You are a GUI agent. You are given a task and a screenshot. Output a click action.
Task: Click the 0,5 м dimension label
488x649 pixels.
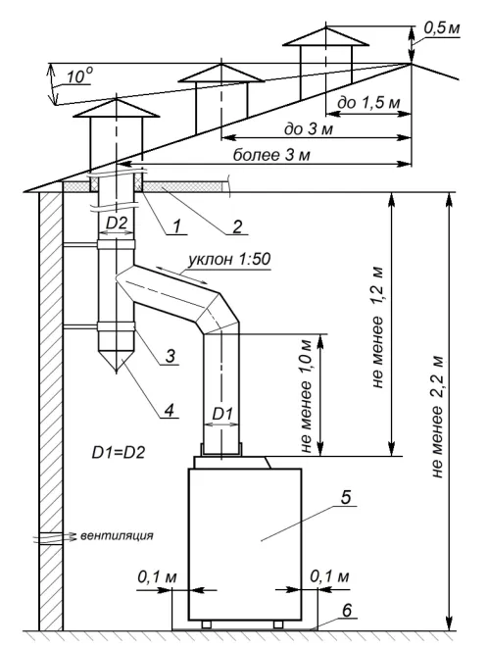click(442, 29)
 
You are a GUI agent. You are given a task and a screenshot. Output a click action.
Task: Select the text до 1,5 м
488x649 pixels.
click(369, 103)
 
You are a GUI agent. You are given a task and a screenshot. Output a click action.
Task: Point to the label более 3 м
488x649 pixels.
click(271, 155)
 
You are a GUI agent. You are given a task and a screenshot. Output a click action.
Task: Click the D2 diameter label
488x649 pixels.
click(117, 224)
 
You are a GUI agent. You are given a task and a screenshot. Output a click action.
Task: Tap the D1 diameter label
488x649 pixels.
click(222, 414)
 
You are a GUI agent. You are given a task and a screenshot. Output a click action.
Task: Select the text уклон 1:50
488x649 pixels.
click(229, 260)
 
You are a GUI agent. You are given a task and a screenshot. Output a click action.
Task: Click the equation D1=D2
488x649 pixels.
click(119, 452)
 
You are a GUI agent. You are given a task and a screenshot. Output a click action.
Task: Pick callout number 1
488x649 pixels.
click(176, 226)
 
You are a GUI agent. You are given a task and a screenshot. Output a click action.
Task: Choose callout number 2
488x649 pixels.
click(237, 226)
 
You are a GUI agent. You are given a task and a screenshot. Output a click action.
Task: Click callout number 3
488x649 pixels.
click(170, 356)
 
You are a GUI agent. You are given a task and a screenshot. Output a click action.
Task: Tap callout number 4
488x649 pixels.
click(170, 410)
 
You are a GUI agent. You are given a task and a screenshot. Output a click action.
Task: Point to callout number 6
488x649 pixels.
click(347, 611)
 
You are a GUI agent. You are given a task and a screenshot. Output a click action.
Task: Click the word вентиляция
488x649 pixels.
click(117, 535)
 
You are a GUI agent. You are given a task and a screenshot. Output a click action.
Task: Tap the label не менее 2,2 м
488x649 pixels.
click(437, 418)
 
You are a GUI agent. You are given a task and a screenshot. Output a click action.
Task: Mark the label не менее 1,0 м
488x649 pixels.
click(305, 396)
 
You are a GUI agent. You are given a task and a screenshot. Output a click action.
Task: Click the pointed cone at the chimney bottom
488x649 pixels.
click(117, 360)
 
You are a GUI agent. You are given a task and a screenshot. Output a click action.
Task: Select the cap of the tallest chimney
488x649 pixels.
click(326, 36)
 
